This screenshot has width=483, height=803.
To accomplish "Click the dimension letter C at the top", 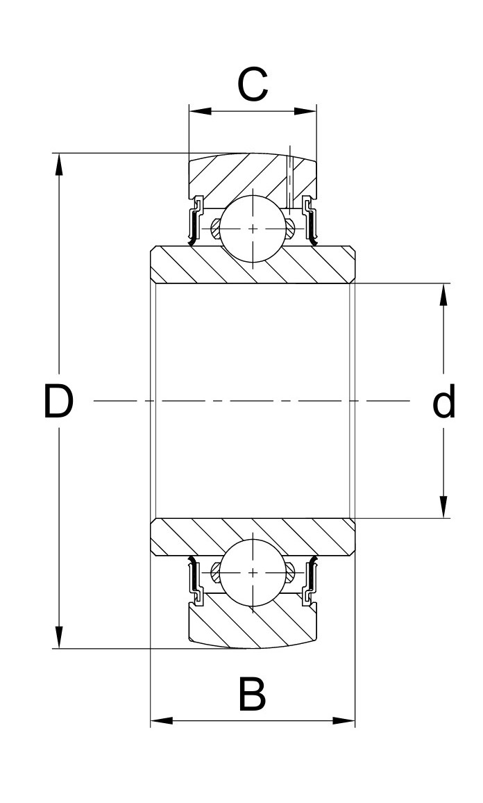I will pos(253,85).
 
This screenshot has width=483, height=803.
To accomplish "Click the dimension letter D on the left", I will pos(58,401).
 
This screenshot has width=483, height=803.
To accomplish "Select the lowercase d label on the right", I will pos(443,402).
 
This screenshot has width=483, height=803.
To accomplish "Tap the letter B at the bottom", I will pos(252,695).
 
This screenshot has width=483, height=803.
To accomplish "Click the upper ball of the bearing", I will pos(253,229).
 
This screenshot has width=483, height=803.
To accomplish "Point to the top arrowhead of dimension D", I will pos(59,164).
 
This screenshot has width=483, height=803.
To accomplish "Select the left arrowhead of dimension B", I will pos(162,720).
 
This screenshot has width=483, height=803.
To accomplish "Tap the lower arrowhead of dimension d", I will pos(443,507).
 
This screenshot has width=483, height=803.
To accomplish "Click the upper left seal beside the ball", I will pos(195,222).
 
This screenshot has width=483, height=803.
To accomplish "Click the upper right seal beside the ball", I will pos(310,222).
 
